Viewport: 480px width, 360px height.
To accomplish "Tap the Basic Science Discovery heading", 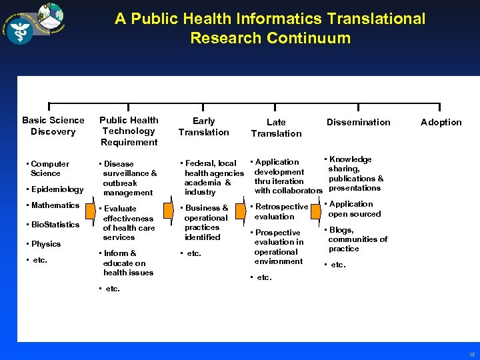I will tap(53, 126).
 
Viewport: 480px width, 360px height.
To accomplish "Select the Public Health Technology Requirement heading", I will tap(129, 131).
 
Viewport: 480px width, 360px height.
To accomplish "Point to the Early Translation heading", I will tap(203, 127).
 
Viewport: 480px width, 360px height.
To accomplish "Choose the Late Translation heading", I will tap(276, 127).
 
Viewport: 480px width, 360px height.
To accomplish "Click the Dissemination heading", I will tap(358, 122).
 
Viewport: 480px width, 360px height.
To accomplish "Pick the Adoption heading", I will tap(441, 122).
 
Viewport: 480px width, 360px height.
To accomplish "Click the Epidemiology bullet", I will tap(57, 189).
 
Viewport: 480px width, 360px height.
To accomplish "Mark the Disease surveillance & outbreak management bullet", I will tap(129, 178).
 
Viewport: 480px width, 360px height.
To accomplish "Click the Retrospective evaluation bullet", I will tap(280, 211).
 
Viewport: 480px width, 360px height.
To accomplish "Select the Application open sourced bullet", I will tap(354, 209).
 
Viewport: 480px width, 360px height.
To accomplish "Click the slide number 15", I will tap(471, 355).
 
